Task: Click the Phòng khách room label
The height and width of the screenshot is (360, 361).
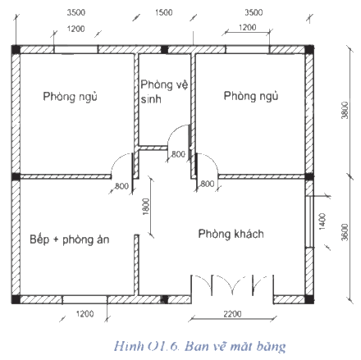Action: coord(231,234)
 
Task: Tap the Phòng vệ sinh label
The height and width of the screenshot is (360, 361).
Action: coord(164,92)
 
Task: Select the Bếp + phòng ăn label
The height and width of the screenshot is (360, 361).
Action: coord(70,239)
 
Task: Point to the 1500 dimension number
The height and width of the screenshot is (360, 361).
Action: coord(164,12)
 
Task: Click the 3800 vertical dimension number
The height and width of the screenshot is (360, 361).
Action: coord(345,110)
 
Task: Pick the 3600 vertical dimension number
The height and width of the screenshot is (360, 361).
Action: coord(345,232)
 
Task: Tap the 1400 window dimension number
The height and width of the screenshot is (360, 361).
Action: coord(322,221)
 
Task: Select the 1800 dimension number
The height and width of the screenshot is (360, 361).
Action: coord(147,207)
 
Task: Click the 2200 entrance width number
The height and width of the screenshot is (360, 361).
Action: coord(232,314)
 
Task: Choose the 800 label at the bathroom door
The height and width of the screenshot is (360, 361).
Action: coord(178,154)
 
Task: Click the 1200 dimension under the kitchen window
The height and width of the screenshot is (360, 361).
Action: coord(85,314)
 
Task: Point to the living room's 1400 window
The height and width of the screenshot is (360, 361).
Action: coord(309,221)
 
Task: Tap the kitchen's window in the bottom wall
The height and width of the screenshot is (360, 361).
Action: coord(85,299)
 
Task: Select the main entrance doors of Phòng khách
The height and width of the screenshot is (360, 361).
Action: coord(232,285)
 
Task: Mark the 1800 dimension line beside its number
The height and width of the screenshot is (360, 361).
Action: coord(151,207)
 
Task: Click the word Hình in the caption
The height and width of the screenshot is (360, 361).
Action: coord(129,346)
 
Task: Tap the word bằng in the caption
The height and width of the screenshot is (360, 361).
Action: coord(271,347)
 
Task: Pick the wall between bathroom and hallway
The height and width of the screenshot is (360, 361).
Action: coord(153,148)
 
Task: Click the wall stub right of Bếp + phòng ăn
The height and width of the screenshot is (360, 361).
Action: coord(136,265)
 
